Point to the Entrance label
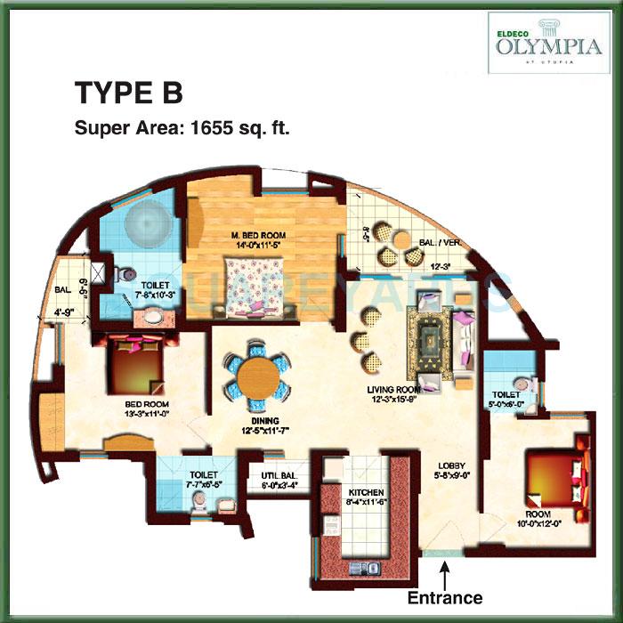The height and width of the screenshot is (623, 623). click(444, 597)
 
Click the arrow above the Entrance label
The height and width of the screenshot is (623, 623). click(444, 570)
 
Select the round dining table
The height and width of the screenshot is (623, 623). click(257, 377)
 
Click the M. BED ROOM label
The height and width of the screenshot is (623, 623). click(261, 235)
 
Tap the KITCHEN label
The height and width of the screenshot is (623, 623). click(366, 492)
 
